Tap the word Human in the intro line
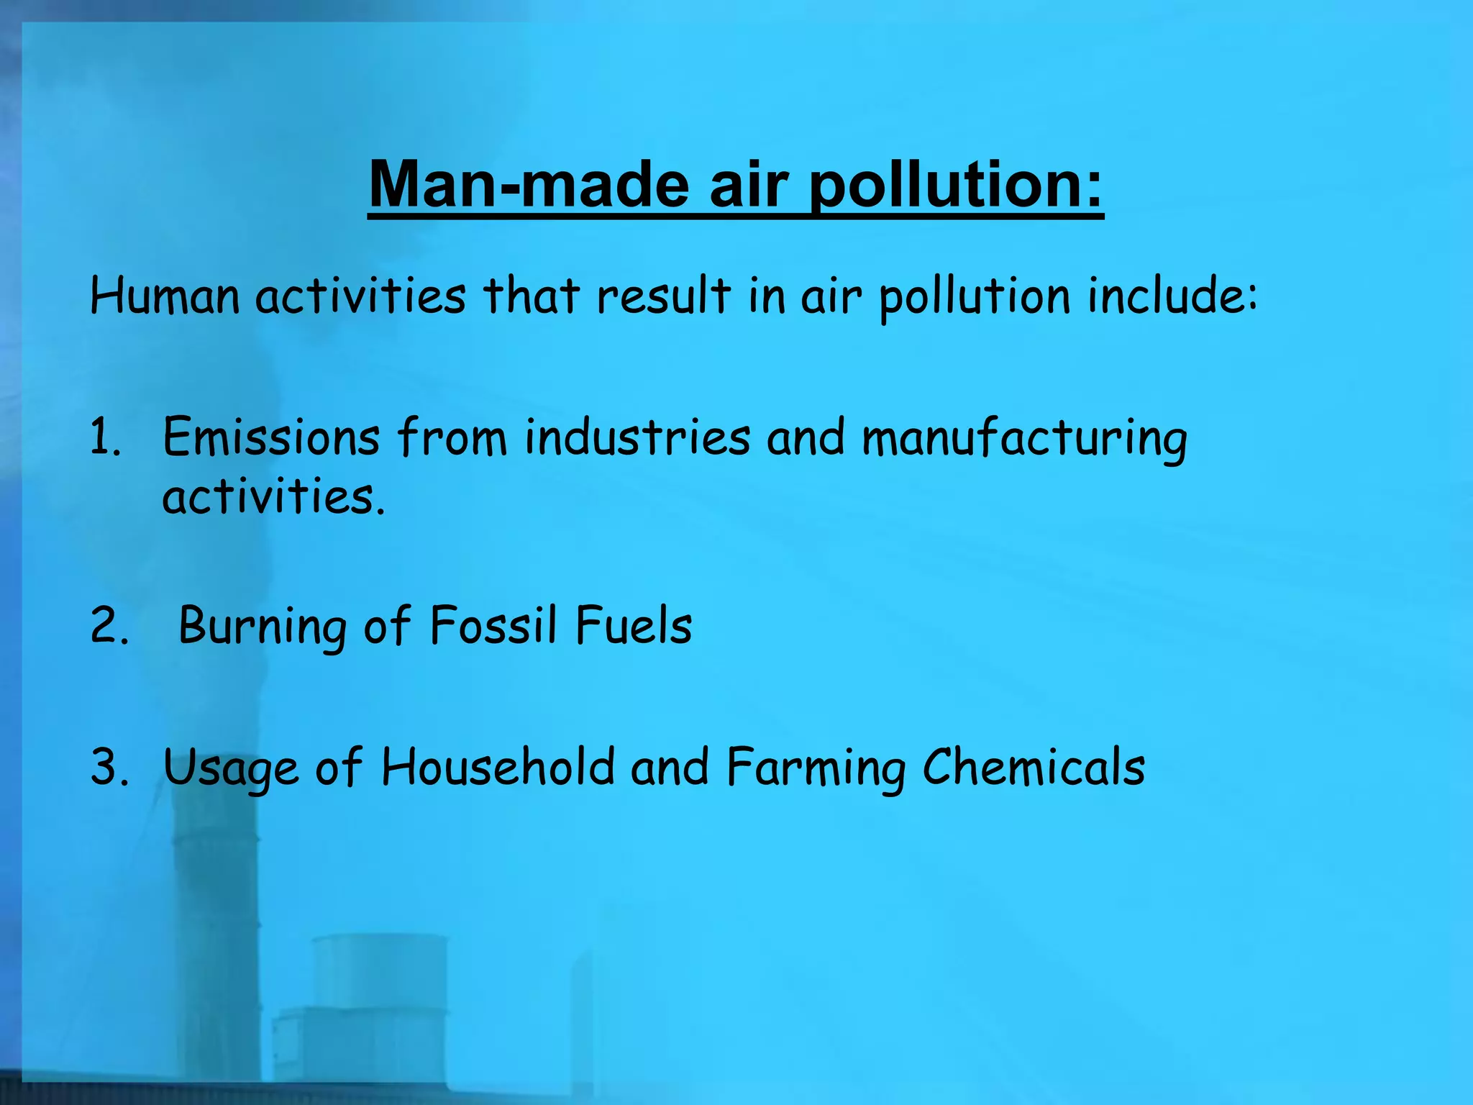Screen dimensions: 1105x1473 tap(165, 296)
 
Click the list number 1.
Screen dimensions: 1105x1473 tap(105, 437)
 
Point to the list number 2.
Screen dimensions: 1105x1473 tap(109, 624)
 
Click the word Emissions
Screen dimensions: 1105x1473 tap(271, 437)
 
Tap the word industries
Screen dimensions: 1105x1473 tap(638, 437)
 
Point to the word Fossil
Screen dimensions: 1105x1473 tap(493, 624)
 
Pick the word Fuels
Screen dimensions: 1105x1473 tap(634, 624)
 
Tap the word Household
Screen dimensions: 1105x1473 tap(498, 766)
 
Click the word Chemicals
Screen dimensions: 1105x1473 tap(1034, 766)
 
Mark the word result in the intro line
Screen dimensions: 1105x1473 tap(663, 296)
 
